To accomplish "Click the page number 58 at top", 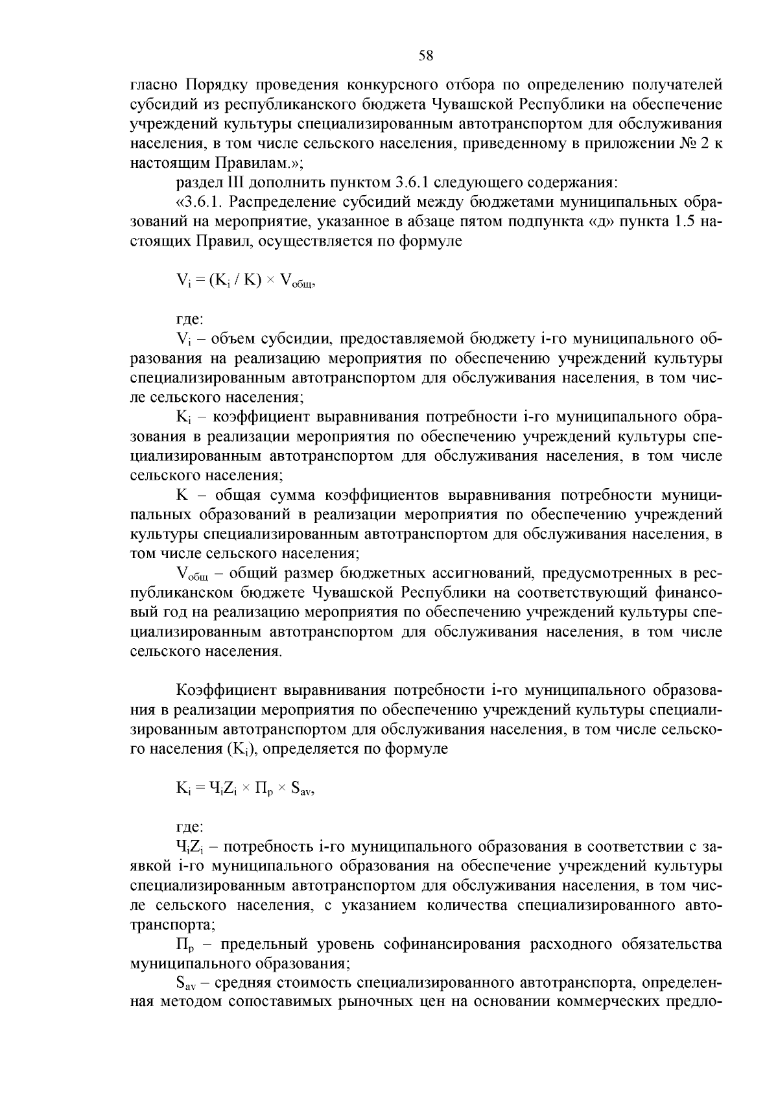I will click(x=426, y=56).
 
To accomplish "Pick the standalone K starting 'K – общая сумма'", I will click(x=182, y=495).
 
